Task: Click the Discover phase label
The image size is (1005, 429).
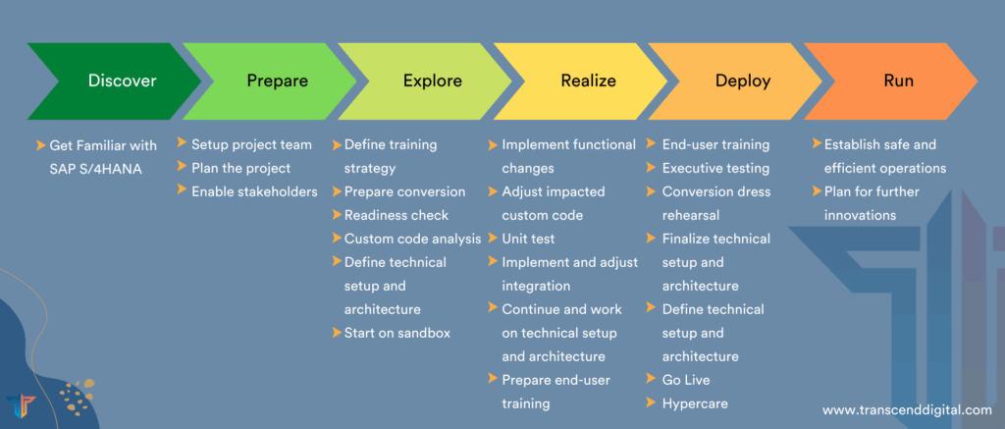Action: pyautogui.click(x=123, y=80)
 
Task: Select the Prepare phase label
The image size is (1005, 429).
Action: pyautogui.click(x=278, y=81)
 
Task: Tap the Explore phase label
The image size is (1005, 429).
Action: pyautogui.click(x=433, y=81)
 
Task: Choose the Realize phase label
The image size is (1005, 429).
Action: pyautogui.click(x=589, y=80)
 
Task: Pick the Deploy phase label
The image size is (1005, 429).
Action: pyautogui.click(x=743, y=81)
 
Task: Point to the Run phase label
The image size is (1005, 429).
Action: pyautogui.click(x=899, y=80)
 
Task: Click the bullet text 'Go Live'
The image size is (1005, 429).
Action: pyautogui.click(x=686, y=380)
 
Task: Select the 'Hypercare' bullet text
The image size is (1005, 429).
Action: pyautogui.click(x=695, y=403)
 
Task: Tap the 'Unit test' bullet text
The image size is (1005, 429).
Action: pyautogui.click(x=528, y=239)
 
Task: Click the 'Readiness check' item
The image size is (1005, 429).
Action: pyautogui.click(x=397, y=215)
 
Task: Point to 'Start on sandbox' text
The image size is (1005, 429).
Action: pyautogui.click(x=397, y=333)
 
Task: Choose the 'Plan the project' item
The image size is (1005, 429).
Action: pyautogui.click(x=241, y=168)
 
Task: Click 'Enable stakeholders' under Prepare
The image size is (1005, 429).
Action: pyautogui.click(x=254, y=191)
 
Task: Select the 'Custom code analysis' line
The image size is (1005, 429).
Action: pyautogui.click(x=413, y=239)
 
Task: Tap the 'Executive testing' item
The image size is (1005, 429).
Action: pyautogui.click(x=715, y=168)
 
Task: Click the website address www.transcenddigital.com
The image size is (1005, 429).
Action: pyautogui.click(x=907, y=409)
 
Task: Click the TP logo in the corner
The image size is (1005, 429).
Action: pyautogui.click(x=21, y=406)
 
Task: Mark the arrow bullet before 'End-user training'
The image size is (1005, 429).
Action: pyautogui.click(x=651, y=144)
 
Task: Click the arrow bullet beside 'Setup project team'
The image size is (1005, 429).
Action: pyautogui.click(x=182, y=142)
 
